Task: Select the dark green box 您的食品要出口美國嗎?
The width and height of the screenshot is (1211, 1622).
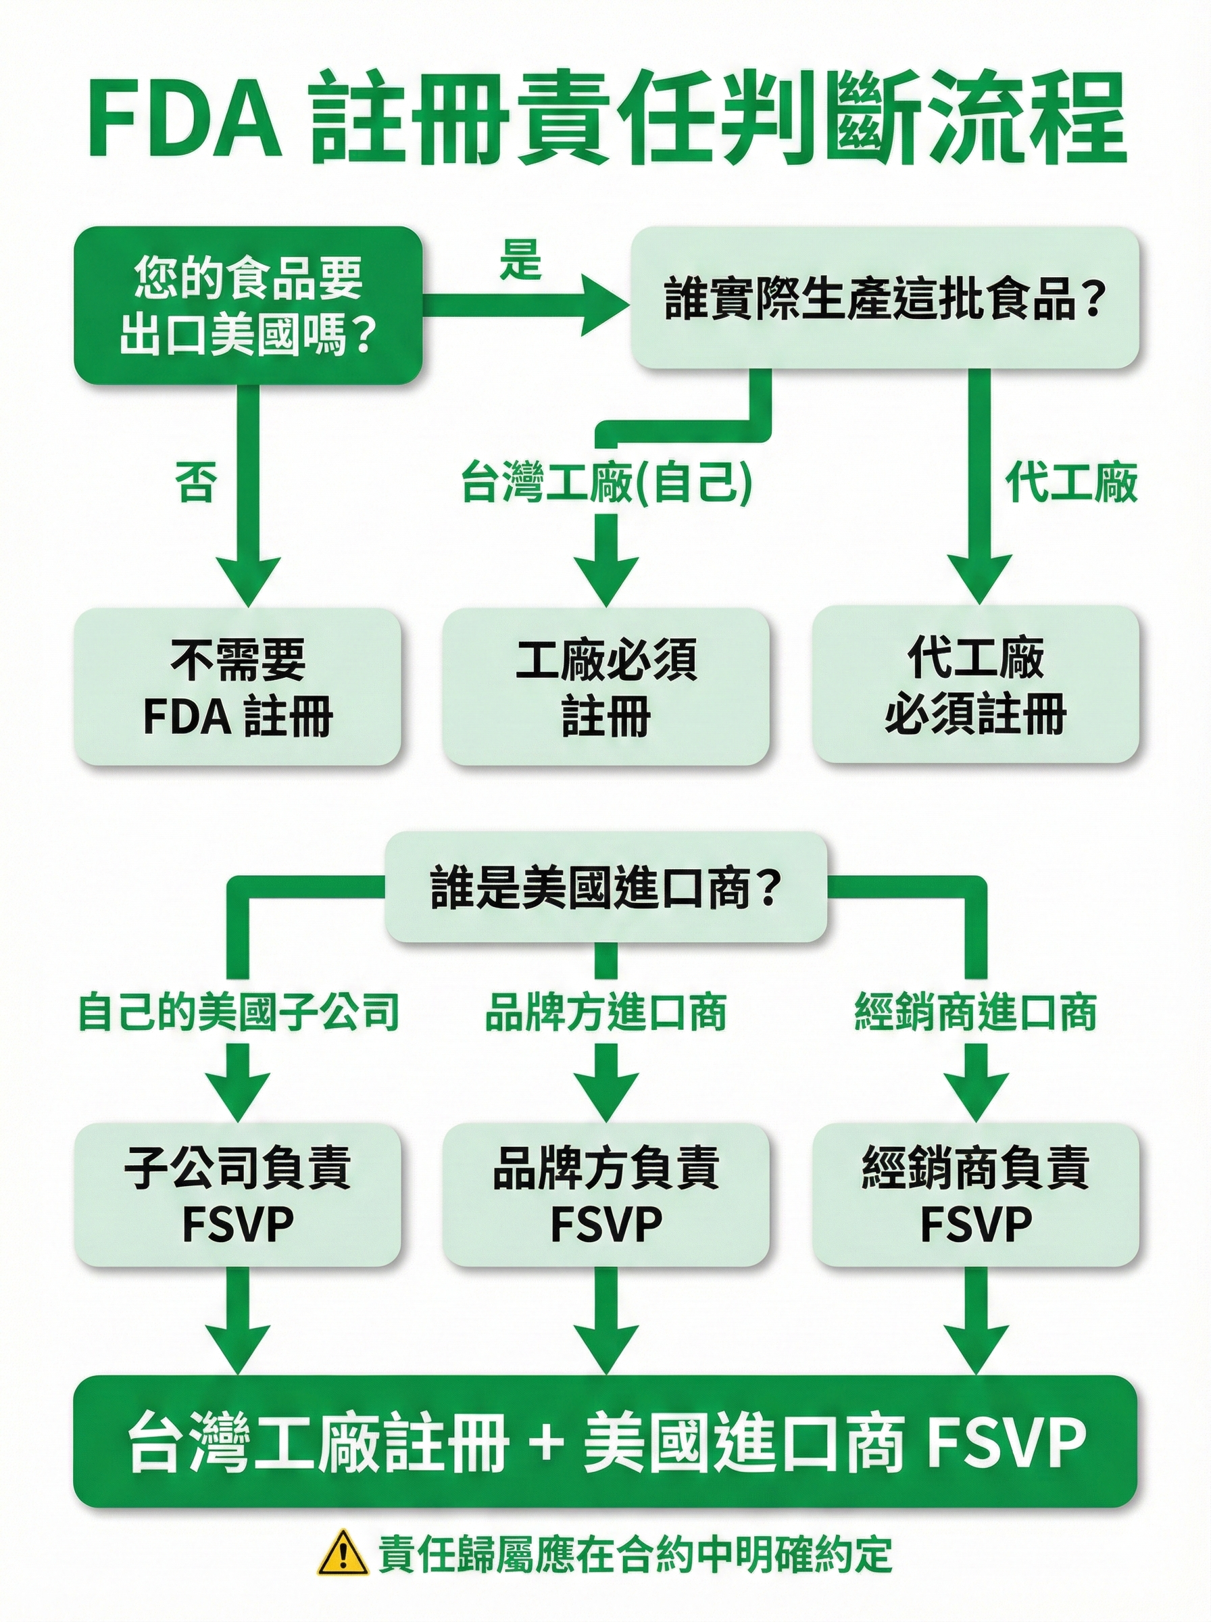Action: pyautogui.click(x=248, y=305)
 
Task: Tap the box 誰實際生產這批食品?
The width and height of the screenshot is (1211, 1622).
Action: pyautogui.click(x=885, y=297)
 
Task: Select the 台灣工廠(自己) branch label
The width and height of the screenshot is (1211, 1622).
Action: pyautogui.click(x=606, y=483)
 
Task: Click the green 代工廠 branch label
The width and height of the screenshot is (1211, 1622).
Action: pyautogui.click(x=1070, y=482)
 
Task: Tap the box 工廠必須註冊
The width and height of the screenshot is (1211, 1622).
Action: pyautogui.click(x=605, y=686)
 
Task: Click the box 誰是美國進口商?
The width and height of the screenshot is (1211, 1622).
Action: pyautogui.click(x=605, y=889)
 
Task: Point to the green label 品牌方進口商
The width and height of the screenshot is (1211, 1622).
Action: pyautogui.click(x=605, y=1012)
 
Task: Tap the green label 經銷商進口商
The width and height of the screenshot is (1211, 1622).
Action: pyautogui.click(x=975, y=1012)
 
